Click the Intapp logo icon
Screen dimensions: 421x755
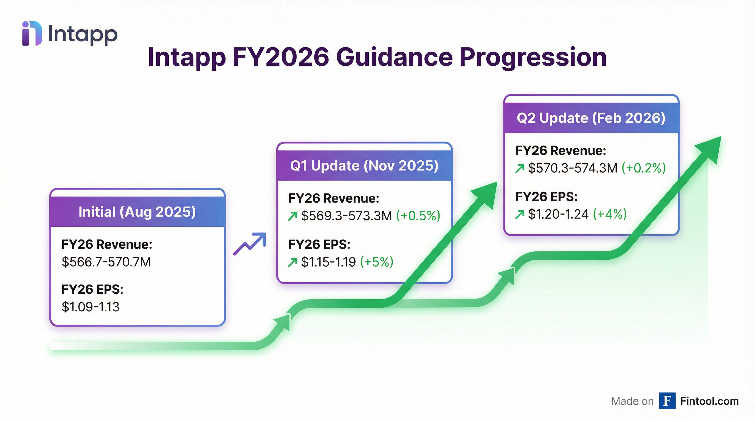click(x=32, y=33)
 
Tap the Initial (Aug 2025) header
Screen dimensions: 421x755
click(x=137, y=212)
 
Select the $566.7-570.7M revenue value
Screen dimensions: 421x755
click(x=106, y=262)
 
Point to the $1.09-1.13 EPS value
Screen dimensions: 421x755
click(x=91, y=307)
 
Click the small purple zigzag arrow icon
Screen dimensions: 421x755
click(x=250, y=244)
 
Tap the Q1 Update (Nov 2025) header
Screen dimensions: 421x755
click(x=364, y=166)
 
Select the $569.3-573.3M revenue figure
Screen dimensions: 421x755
click(x=346, y=216)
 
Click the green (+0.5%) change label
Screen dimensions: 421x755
click(x=418, y=216)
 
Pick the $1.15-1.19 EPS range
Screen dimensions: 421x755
click(x=328, y=262)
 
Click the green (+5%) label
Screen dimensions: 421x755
click(x=377, y=262)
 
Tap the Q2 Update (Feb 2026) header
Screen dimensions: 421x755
click(x=591, y=118)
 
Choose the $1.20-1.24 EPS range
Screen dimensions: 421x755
click(x=558, y=214)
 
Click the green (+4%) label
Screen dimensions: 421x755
click(x=610, y=214)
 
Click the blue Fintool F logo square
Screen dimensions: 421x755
click(x=667, y=401)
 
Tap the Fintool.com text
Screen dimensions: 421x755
click(x=709, y=401)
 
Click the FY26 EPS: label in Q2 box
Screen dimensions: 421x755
click(x=546, y=197)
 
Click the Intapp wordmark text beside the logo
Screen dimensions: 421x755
click(x=83, y=35)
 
